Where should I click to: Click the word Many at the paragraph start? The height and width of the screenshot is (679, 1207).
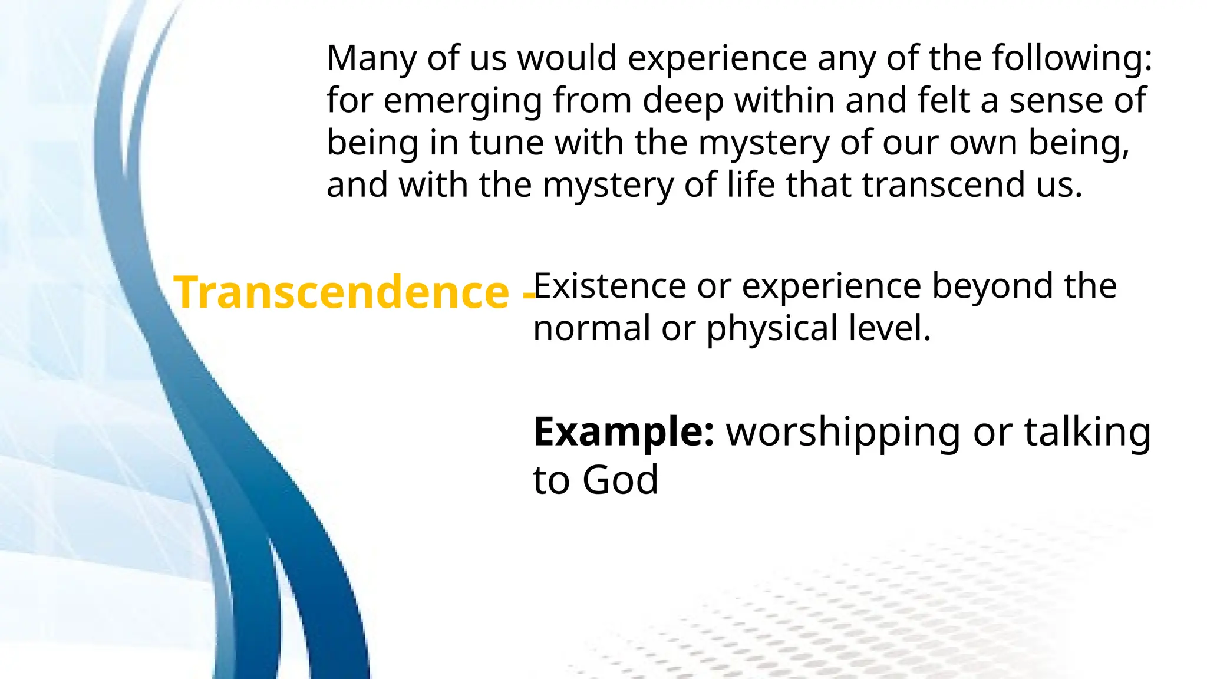pyautogui.click(x=371, y=59)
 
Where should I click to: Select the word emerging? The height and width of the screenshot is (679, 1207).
pyautogui.click(x=463, y=101)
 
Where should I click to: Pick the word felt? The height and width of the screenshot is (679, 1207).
pyautogui.click(x=942, y=100)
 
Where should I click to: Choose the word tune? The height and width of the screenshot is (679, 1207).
pyautogui.click(x=506, y=143)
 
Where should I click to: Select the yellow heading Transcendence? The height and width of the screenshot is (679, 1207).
pyautogui.click(x=341, y=292)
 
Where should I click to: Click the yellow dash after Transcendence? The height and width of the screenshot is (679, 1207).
pyautogui.click(x=528, y=295)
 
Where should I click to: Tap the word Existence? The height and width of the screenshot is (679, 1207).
pyautogui.click(x=609, y=286)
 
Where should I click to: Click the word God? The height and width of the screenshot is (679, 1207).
pyautogui.click(x=620, y=480)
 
